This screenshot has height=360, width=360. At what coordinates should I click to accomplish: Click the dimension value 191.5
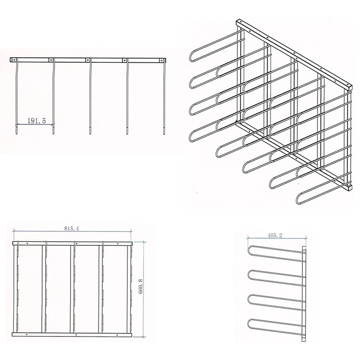(36, 121)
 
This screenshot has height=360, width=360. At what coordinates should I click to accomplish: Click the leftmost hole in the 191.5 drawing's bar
(16, 60)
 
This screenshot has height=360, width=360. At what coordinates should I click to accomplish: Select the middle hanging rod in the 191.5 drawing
(90, 96)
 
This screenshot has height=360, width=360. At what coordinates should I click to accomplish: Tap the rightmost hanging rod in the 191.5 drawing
(164, 96)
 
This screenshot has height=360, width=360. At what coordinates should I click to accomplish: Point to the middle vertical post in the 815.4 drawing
(73, 288)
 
